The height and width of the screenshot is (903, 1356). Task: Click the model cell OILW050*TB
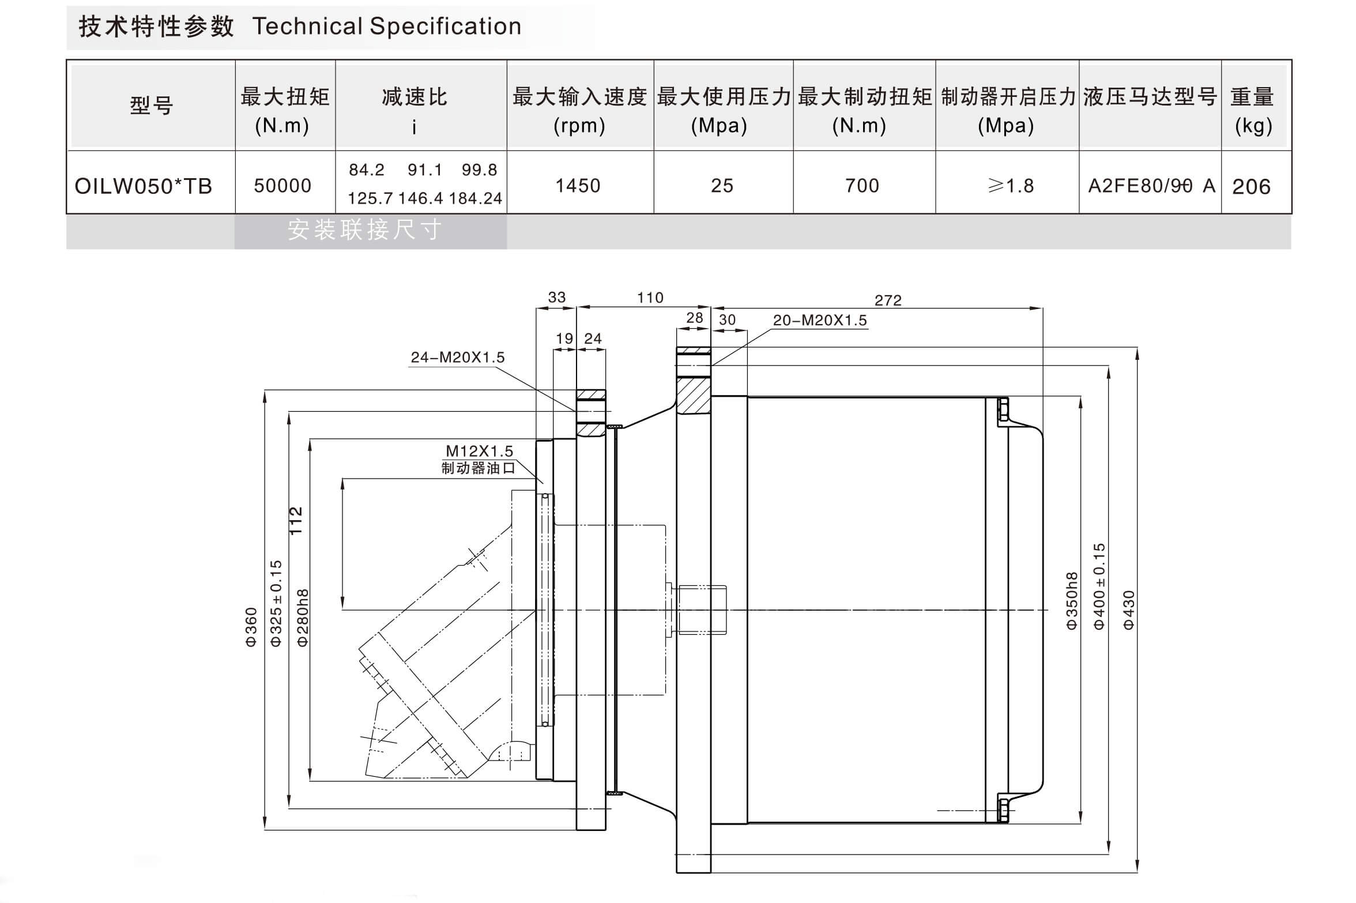click(x=144, y=186)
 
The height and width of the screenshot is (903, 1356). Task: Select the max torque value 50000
click(x=282, y=186)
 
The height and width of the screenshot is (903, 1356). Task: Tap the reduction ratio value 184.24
click(x=475, y=198)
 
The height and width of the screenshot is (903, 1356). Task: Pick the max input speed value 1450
click(x=578, y=186)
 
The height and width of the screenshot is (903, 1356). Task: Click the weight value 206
click(x=1251, y=187)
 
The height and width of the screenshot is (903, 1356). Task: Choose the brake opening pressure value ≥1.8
click(x=1011, y=186)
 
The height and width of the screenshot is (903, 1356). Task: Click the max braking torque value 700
click(x=862, y=186)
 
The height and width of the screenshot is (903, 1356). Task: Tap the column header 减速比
click(x=415, y=97)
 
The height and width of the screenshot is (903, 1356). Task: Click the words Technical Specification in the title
click(x=387, y=27)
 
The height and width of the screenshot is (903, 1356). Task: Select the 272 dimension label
click(x=887, y=300)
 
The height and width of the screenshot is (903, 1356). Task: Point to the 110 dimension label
click(x=650, y=298)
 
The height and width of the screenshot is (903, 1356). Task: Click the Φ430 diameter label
click(x=1129, y=610)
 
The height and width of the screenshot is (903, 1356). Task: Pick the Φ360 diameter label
click(x=251, y=627)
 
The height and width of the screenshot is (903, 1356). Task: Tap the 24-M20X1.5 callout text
click(x=457, y=358)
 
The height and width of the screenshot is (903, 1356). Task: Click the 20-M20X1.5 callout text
click(x=819, y=321)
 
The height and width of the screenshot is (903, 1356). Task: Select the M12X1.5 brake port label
click(x=479, y=451)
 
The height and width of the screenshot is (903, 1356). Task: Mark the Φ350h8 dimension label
click(x=1071, y=601)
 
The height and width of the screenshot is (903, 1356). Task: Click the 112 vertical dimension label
click(x=296, y=521)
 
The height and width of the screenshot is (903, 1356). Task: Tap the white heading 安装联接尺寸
click(x=365, y=230)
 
